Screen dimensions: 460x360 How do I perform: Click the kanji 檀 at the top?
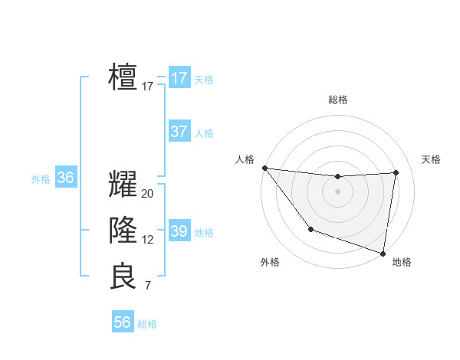[x=123, y=77]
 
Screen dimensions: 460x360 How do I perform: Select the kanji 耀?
[x=123, y=185]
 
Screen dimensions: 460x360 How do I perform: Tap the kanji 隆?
[x=123, y=231]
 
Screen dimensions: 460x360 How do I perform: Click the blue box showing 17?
[x=179, y=78]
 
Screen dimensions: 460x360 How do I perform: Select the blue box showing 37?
[x=179, y=132]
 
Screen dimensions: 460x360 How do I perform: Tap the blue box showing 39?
[x=179, y=231]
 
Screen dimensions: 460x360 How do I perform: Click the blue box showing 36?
[x=65, y=178]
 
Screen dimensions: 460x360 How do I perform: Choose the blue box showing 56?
[x=122, y=322]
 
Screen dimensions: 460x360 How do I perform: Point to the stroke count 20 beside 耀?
[x=148, y=194]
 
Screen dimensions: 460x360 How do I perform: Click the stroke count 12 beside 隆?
[x=148, y=240]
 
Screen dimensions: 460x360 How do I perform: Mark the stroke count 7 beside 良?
[x=148, y=286]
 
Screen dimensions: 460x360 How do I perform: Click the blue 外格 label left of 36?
[x=41, y=179]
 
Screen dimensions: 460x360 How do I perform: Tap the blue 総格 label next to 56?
[x=147, y=324]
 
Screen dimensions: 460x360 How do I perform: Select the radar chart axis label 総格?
[x=337, y=100]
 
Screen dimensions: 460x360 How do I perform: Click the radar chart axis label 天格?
[x=432, y=159]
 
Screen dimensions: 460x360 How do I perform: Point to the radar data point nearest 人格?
[x=264, y=168]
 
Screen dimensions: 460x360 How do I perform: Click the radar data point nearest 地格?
[x=383, y=253]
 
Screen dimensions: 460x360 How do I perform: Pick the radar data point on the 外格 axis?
[x=310, y=229]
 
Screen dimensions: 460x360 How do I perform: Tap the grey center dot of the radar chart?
[x=337, y=191]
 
